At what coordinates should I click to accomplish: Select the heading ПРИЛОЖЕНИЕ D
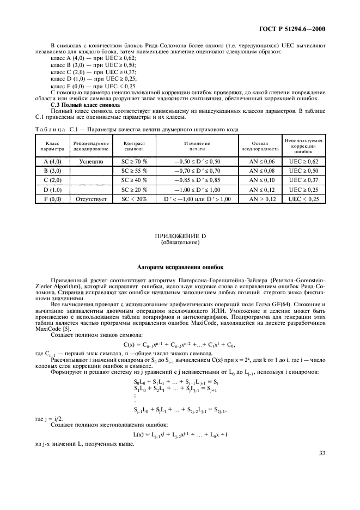click(x=180, y=236)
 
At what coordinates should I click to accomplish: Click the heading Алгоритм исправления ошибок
click(x=180, y=267)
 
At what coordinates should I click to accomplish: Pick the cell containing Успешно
click(x=91, y=162)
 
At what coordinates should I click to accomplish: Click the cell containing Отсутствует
click(x=91, y=199)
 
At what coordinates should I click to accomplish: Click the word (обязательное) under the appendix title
click(x=180, y=242)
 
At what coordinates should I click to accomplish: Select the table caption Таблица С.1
click(x=136, y=129)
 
